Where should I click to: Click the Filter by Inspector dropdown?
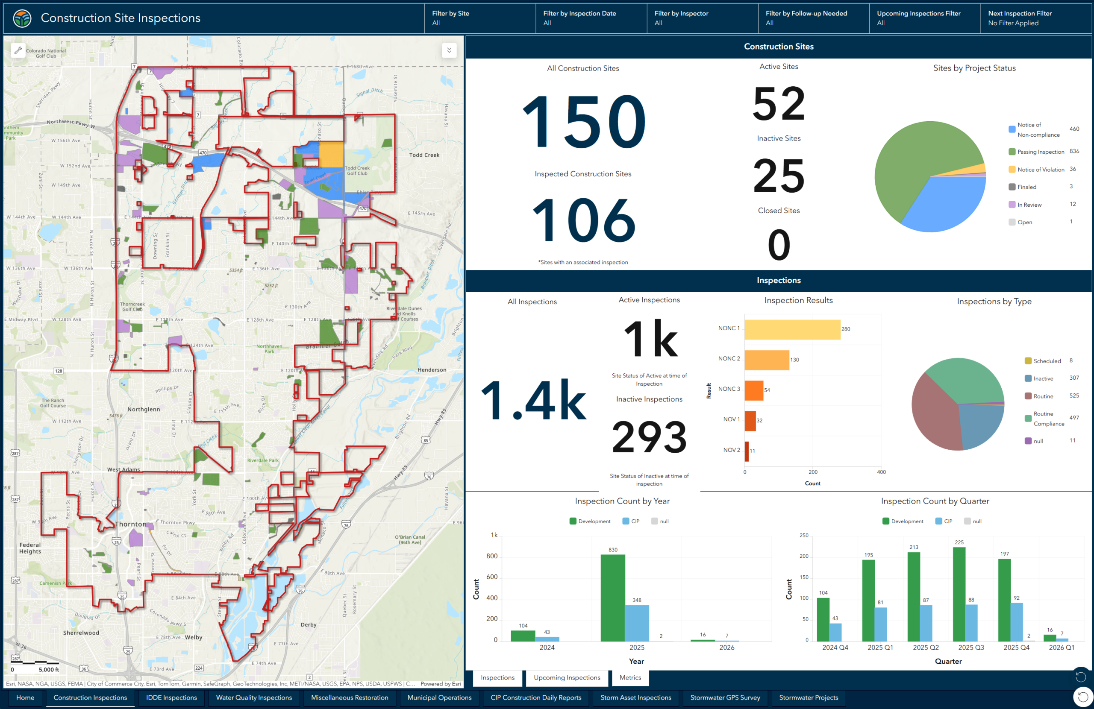(x=701, y=18)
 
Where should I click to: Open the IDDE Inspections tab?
(x=171, y=697)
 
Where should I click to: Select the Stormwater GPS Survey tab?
(x=725, y=697)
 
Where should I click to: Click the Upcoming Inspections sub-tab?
(x=567, y=678)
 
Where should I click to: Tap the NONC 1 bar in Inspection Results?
(x=792, y=329)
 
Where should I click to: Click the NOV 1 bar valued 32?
(x=750, y=421)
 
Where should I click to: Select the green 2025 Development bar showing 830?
(x=612, y=598)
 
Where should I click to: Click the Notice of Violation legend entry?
(x=1040, y=170)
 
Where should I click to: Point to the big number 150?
(x=583, y=121)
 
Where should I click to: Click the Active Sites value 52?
(x=779, y=104)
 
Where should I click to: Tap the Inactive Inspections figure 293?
(x=649, y=437)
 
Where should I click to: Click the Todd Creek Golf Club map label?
(x=357, y=171)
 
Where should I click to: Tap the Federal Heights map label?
(x=30, y=548)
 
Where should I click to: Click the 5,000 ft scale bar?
(x=41, y=664)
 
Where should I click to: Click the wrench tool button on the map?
(x=18, y=50)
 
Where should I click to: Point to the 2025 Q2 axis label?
(x=925, y=647)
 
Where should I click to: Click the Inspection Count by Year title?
(x=622, y=501)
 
